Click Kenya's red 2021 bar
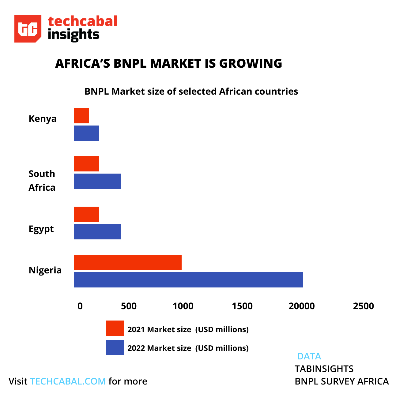[x=81, y=116]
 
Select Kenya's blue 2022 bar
[x=86, y=133]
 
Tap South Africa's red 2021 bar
[x=86, y=164]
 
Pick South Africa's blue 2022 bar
[x=98, y=181]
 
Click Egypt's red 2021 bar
[x=86, y=214]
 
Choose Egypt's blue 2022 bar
[x=98, y=232]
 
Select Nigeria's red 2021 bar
[x=128, y=262]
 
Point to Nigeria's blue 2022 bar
[x=188, y=280]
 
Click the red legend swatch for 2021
[x=115, y=328]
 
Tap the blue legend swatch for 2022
[x=115, y=347]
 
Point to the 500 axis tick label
[x=129, y=306]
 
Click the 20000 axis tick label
[x=302, y=306]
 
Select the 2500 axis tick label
[x=364, y=306]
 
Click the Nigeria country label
[x=45, y=270]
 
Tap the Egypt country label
[x=41, y=229]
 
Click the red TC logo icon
[x=28, y=29]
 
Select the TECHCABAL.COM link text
[x=68, y=381]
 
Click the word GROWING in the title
[x=251, y=63]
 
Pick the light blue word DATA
[x=309, y=356]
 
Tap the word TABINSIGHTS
[x=324, y=369]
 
